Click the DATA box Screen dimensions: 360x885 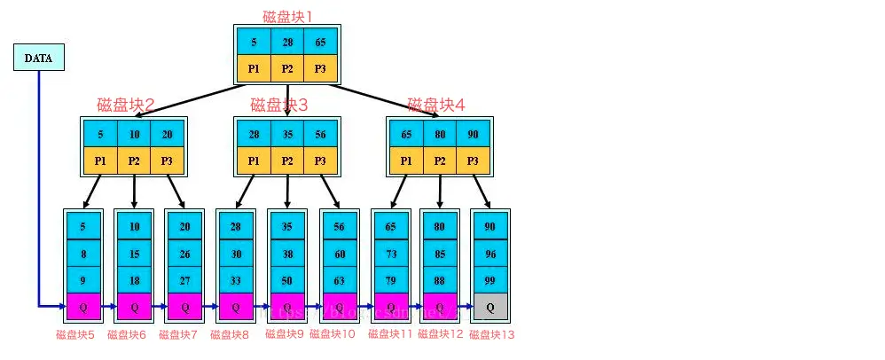click(38, 58)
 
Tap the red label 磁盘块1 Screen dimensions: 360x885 click(287, 16)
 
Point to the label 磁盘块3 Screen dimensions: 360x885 click(278, 105)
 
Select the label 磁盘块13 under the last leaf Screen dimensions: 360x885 click(491, 335)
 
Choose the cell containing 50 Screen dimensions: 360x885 click(287, 280)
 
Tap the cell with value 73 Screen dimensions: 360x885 click(390, 254)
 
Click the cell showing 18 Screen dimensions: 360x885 click(134, 280)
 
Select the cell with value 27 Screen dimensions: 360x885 click(185, 280)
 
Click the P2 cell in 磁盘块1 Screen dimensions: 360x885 click(287, 68)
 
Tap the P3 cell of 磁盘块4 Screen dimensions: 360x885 click(473, 161)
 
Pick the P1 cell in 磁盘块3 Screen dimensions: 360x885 click(254, 161)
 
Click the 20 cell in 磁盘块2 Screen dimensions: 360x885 click(167, 135)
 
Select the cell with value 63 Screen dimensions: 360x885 click(339, 280)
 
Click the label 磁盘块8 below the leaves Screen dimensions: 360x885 click(236, 335)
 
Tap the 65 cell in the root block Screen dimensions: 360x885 click(320, 41)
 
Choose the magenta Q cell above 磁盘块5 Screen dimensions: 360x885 click(82, 307)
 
